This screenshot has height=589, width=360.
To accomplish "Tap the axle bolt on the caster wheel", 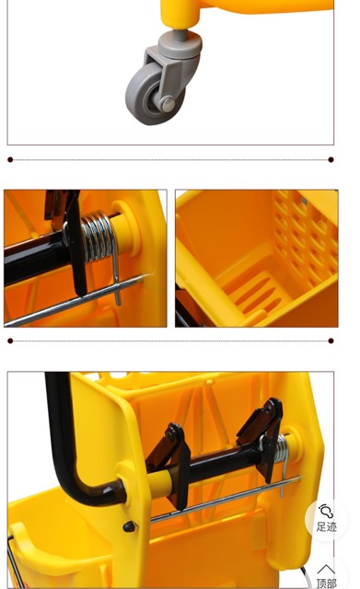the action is pos(168,104).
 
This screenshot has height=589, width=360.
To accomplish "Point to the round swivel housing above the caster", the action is pos(180,45).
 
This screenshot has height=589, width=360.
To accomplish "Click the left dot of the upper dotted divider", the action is pos(10,159).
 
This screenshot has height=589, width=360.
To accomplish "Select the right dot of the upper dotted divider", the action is pos(331,159).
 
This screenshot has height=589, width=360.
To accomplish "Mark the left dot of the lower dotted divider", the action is pos(10,341).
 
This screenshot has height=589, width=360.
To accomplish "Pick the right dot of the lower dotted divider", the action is pos(331,341).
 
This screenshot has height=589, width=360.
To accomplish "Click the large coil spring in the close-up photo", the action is pos(98,237).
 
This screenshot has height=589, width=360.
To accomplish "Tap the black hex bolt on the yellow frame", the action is pos(129,526).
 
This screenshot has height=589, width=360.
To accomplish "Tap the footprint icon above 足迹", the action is pos(326,512).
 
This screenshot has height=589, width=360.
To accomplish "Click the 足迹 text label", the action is pos(326,526).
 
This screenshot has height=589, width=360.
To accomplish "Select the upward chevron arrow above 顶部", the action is pos(326,570).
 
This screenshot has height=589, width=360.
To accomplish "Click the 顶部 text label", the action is pos(326,583).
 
